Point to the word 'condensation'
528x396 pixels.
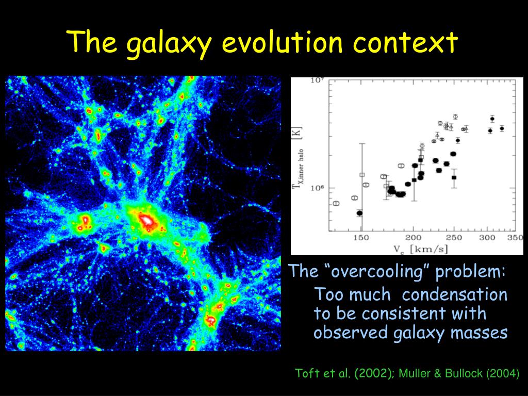455,295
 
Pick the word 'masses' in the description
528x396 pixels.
480,333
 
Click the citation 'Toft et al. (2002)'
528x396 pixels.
342,374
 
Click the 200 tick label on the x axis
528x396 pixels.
413,237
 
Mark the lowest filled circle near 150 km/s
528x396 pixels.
359,213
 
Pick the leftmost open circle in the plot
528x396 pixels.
336,203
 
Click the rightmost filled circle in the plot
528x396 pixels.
502,128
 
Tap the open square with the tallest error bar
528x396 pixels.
362,175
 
